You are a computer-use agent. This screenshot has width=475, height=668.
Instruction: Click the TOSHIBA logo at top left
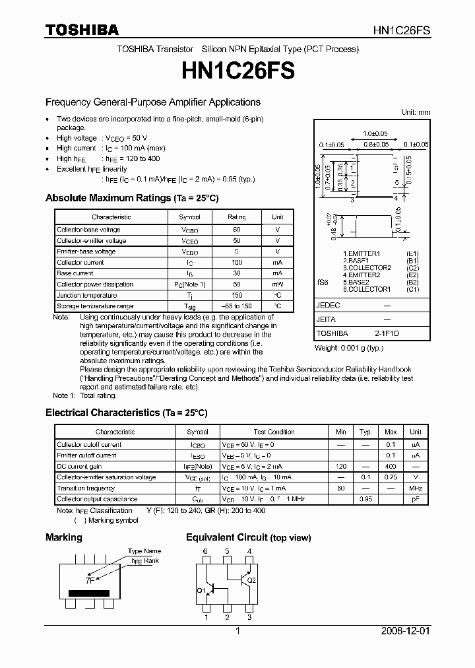click(82, 30)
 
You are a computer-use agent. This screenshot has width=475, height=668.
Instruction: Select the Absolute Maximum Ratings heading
click(131, 198)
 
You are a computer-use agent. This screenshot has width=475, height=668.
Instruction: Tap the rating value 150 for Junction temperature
click(237, 295)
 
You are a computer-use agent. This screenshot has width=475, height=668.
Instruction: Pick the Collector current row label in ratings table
click(80, 262)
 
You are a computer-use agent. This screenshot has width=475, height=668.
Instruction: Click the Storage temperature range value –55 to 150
click(237, 306)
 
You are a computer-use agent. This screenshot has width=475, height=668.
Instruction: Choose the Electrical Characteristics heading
click(126, 413)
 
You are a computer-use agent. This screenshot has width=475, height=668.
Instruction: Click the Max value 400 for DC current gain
click(391, 467)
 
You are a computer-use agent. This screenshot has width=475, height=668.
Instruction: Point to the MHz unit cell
click(416, 488)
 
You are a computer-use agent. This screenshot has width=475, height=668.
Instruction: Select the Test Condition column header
click(274, 432)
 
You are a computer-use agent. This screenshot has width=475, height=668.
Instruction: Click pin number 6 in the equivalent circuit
click(206, 551)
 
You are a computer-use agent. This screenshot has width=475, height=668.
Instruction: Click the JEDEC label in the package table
click(328, 306)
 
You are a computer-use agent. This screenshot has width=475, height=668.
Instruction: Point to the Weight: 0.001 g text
click(348, 348)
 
